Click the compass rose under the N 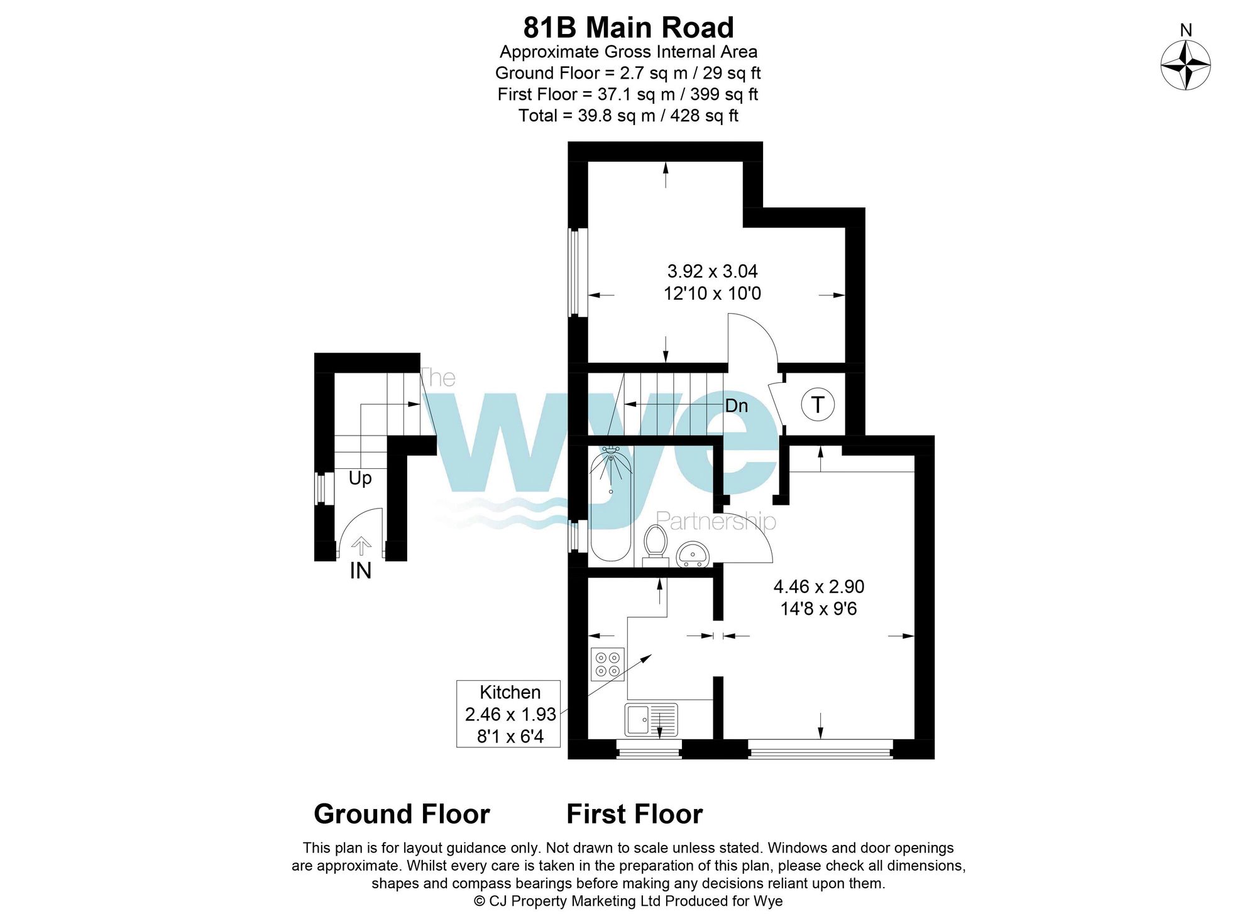pos(1185,65)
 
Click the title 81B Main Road pos(628,28)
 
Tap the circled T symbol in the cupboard pos(818,405)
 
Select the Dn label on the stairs pos(737,406)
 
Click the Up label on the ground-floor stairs pos(360,478)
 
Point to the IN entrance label pos(360,571)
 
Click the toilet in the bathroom pos(656,542)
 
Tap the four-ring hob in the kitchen pos(608,664)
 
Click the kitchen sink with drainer pos(651,720)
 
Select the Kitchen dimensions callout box pos(508,713)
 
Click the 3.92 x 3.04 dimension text pos(712,272)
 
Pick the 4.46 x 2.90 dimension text pos(818,586)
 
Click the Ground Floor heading pos(402,814)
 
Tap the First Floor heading pos(634,814)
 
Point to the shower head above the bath pos(610,451)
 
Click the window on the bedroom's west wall pos(574,272)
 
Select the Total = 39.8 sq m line pos(628,116)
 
